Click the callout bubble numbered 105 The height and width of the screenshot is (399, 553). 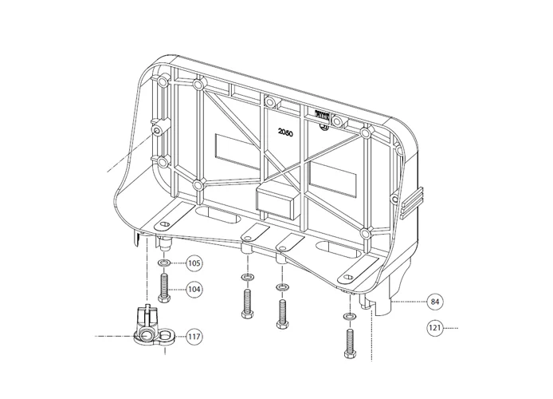(x=194, y=263)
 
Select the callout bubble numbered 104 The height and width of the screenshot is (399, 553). (x=194, y=290)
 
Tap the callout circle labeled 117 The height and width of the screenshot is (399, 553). (x=194, y=337)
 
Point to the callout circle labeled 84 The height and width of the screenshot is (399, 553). (x=434, y=302)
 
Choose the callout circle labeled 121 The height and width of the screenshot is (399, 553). (x=434, y=327)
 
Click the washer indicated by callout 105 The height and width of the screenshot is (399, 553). (x=163, y=263)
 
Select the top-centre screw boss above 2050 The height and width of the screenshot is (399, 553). (x=269, y=101)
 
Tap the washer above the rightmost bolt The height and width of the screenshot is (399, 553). (x=348, y=317)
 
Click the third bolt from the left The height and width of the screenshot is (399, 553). (x=280, y=312)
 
